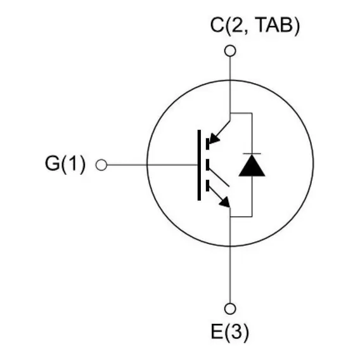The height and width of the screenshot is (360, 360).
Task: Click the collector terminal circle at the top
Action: coord(230,51)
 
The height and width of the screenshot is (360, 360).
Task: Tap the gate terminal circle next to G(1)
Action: coord(101,165)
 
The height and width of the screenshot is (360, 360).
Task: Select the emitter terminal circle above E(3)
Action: coord(230,309)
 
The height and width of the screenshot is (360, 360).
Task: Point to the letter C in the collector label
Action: coord(217,25)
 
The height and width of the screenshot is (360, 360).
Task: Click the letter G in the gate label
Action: coord(53,163)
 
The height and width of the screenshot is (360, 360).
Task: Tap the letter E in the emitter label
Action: coord(217,331)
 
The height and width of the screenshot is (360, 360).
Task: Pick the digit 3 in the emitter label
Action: coord(236,331)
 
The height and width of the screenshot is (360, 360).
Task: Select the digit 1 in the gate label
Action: coord(74,163)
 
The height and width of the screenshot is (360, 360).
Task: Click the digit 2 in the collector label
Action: coord(237,25)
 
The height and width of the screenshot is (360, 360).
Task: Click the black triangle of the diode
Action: coord(252,165)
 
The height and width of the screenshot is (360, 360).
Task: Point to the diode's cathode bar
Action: coord(252,153)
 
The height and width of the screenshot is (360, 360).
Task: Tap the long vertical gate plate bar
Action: coord(199,165)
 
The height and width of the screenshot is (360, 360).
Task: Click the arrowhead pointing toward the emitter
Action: coord(224,202)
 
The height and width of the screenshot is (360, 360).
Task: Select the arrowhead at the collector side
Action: coord(214,139)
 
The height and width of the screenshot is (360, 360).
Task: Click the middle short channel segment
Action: coord(207,165)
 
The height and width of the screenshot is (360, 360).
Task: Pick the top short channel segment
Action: coord(207,144)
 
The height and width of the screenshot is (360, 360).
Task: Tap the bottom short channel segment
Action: coord(207,186)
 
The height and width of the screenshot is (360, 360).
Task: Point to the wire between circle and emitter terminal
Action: coord(230,274)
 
